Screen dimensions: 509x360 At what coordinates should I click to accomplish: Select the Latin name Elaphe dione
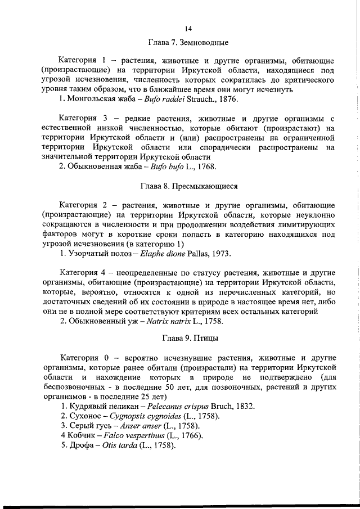click(148, 253)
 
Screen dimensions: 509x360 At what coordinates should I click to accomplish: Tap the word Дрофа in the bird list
click(80, 446)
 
